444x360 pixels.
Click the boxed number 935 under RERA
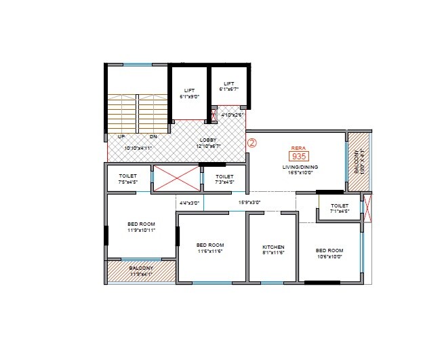299,155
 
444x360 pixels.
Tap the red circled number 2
251,143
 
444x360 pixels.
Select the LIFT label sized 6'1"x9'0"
189,90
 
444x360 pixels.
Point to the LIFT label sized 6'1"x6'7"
229,84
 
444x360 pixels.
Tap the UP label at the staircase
121,136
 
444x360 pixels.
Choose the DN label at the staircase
153,136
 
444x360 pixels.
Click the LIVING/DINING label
300,167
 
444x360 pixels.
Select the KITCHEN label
273,247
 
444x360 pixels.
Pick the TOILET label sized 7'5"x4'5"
127,176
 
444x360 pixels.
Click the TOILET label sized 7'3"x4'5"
224,176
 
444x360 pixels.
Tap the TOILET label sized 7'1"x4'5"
340,205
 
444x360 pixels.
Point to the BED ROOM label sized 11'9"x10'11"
141,224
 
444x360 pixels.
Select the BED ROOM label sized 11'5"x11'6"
210,245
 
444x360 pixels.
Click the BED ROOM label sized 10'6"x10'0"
329,250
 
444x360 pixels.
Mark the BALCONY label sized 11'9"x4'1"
141,268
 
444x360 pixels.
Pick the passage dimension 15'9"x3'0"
249,202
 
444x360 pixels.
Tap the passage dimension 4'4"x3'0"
189,202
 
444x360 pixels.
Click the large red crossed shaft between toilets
176,178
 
